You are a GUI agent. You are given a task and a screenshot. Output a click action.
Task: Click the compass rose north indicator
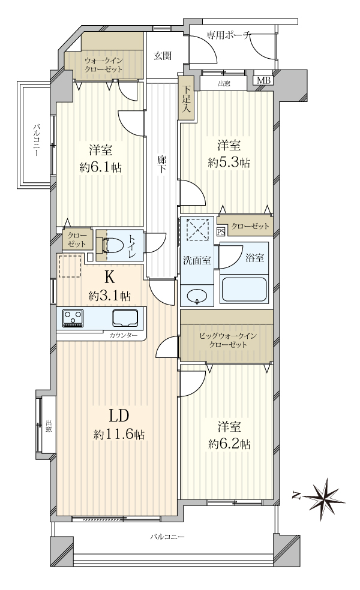pyautogui.click(x=323, y=495)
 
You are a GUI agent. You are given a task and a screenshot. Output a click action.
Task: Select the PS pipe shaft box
pyautogui.click(x=220, y=231)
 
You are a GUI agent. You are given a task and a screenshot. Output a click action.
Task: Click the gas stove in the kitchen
pyautogui.click(x=73, y=318)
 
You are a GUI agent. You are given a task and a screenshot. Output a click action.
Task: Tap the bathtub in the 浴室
pyautogui.click(x=244, y=290)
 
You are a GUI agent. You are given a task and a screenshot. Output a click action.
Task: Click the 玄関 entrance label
pyautogui.click(x=163, y=56)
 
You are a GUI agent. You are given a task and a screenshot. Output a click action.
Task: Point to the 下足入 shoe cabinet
pyautogui.click(x=186, y=98)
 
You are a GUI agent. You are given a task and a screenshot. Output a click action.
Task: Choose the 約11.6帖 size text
pyautogui.click(x=119, y=435)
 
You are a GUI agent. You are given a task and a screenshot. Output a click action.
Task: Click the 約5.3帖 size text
pyautogui.click(x=229, y=162)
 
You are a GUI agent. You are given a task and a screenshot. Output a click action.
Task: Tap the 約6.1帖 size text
pyautogui.click(x=101, y=167)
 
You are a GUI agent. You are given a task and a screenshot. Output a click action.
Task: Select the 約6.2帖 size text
pyautogui.click(x=229, y=444)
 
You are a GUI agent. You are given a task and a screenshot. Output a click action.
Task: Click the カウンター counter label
pyautogui.click(x=124, y=335)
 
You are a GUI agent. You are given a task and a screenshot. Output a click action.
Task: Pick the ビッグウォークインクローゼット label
pyautogui.click(x=228, y=340)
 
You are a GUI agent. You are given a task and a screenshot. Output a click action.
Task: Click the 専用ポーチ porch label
pyautogui.click(x=228, y=35)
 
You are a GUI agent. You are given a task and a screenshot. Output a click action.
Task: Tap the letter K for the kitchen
pyautogui.click(x=109, y=278)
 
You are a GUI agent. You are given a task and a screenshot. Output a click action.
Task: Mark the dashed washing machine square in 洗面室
pyautogui.click(x=198, y=229)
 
